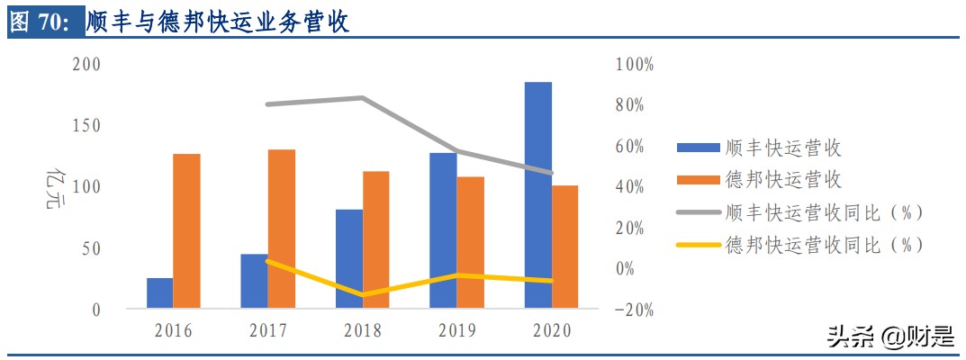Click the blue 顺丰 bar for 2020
(538, 195)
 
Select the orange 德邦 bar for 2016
(186, 231)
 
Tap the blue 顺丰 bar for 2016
(159, 293)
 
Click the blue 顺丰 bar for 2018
(349, 259)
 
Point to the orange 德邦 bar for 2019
(470, 243)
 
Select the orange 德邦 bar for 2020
(564, 247)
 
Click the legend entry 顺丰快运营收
(782, 148)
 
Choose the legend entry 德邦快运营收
(782, 180)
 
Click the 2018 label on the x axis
(362, 331)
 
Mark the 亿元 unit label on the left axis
(55, 186)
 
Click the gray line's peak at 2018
(362, 97)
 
